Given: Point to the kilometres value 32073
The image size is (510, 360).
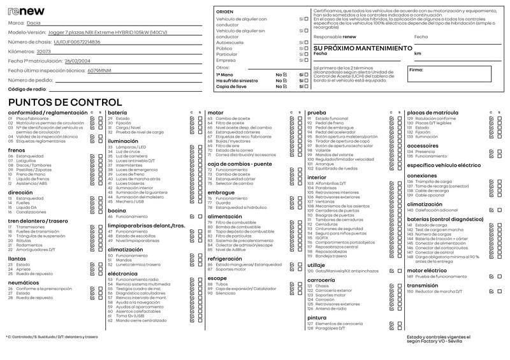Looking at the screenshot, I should click(x=44, y=51).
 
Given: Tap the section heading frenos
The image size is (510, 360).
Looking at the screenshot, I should click(x=17, y=150).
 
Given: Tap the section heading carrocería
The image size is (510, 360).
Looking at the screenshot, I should click(x=321, y=280).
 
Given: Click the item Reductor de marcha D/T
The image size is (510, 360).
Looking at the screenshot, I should click(x=441, y=291).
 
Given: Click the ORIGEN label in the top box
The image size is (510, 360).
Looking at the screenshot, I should click(x=224, y=12).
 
